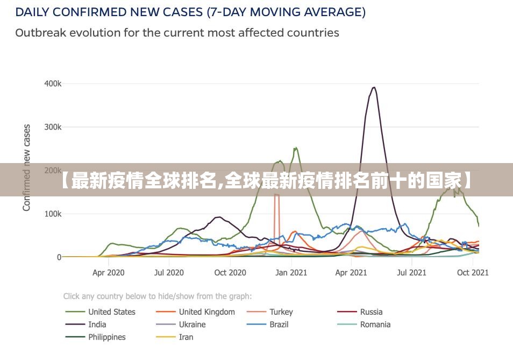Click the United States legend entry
pyautogui.click(x=111, y=312)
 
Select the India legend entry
pyautogui.click(x=97, y=324)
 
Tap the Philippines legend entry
pyautogui.click(x=106, y=337)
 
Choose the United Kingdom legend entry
pyautogui.click(x=206, y=312)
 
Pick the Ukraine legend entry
pyautogui.click(x=192, y=324)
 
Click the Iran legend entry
pyautogui.click(x=186, y=337)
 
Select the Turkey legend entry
pyautogui.click(x=281, y=312)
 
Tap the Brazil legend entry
pyautogui.click(x=279, y=324)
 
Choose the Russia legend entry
pyautogui.click(x=371, y=312)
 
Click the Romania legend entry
pyautogui.click(x=375, y=324)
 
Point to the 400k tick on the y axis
pyautogui.click(x=53, y=84)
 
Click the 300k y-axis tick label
pyautogui.click(x=53, y=128)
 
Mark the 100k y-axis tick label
pyautogui.click(x=53, y=214)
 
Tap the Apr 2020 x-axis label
pyautogui.click(x=108, y=273)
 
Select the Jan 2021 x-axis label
pyautogui.click(x=291, y=273)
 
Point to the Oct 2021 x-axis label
pyautogui.click(x=472, y=273)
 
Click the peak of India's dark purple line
pyautogui.click(x=374, y=87)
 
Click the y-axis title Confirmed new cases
pyautogui.click(x=27, y=168)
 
